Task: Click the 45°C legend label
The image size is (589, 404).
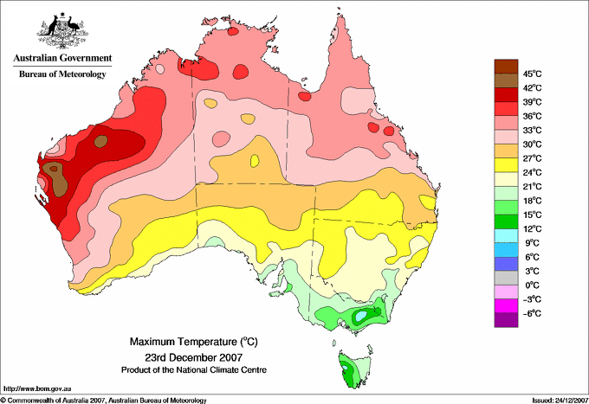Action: point(532,74)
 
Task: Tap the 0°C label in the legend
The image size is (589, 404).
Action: point(532,285)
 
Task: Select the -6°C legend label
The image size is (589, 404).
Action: point(532,313)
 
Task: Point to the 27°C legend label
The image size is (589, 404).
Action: point(532,158)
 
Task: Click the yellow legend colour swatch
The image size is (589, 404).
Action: point(506,165)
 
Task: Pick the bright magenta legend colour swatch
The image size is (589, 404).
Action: point(506,306)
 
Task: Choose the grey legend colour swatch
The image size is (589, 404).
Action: point(506,278)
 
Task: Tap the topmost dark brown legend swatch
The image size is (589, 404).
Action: point(506,67)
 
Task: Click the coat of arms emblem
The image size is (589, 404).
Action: point(62,30)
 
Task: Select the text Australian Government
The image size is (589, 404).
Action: point(62,58)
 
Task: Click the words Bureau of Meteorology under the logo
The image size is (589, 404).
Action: point(62,74)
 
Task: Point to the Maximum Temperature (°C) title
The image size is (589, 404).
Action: point(194,342)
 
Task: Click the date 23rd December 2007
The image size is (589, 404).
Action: point(194,357)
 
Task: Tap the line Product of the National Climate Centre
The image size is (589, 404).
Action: point(194,370)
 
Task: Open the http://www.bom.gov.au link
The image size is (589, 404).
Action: point(37,389)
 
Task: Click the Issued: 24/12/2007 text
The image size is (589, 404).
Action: point(560,401)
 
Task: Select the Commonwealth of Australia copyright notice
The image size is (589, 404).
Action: point(104,401)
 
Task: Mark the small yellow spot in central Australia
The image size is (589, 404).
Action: point(255,161)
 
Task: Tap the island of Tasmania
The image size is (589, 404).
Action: point(353,369)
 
